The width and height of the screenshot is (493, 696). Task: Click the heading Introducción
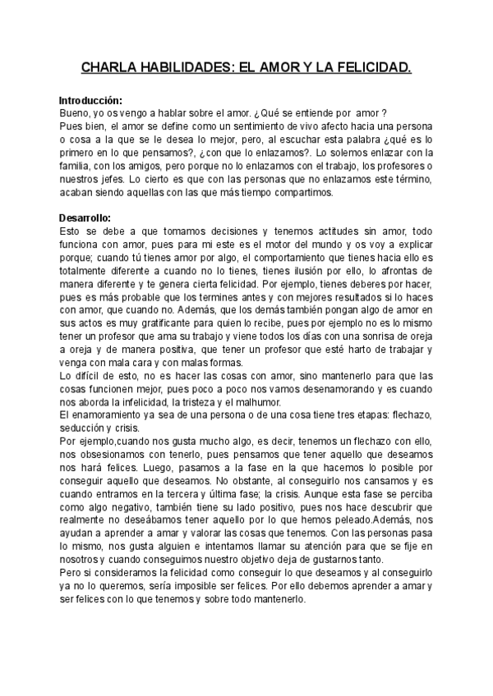tap(90, 100)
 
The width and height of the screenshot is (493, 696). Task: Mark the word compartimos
tap(302, 192)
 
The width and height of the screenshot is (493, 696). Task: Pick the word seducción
tap(86, 428)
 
